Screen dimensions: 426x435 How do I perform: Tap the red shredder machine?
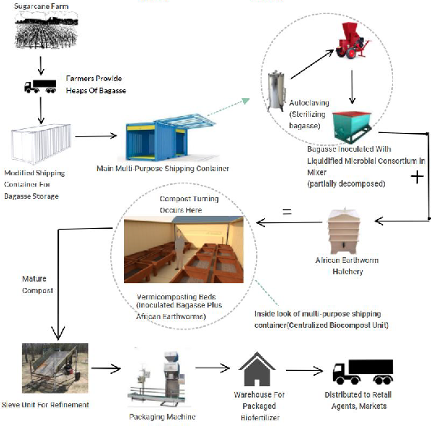tap(351, 45)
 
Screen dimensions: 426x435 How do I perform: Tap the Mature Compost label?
tap(37, 284)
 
